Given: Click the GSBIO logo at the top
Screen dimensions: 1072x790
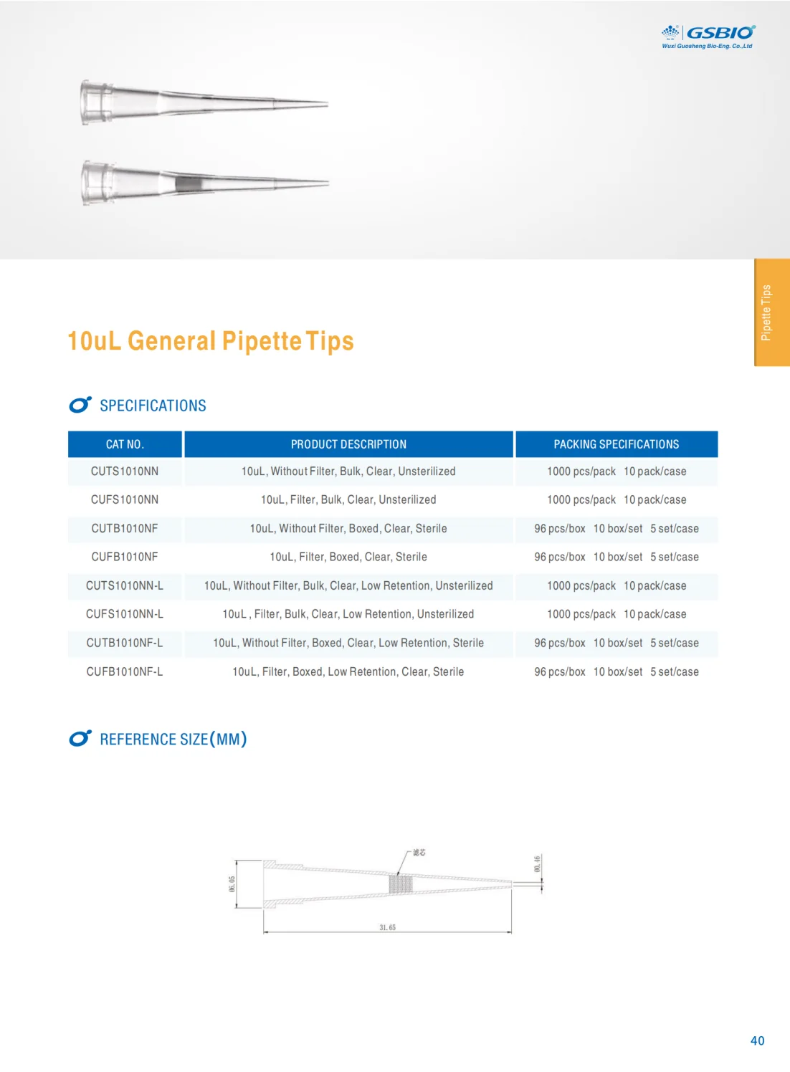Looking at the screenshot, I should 708,36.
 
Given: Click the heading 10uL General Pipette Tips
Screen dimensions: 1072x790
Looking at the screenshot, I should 210,341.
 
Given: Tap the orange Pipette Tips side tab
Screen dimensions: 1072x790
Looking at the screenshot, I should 771,312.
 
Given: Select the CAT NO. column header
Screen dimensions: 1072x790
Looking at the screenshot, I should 125,444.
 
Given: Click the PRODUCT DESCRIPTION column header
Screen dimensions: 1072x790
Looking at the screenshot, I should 348,444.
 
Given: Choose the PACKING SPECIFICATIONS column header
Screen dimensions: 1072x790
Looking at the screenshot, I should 616,444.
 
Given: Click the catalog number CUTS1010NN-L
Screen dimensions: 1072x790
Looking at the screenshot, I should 125,585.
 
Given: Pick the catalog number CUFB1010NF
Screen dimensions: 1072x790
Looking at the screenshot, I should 125,557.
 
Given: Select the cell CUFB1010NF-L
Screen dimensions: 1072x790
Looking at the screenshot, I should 125,671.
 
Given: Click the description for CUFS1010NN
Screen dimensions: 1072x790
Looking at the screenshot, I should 348,499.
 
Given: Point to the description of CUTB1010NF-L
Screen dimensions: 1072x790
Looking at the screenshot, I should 348,643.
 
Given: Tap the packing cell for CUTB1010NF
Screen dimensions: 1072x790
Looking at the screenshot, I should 616,528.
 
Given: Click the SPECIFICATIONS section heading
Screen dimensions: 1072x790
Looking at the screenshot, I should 153,406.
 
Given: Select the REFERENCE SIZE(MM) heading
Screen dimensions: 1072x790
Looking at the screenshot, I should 173,739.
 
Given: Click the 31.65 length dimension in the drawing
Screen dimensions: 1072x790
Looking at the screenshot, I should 387,927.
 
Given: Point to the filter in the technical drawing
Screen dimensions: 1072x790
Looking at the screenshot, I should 401,884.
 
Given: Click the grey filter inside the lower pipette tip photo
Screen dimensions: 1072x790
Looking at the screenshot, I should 189,184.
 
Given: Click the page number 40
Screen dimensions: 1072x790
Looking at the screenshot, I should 757,1040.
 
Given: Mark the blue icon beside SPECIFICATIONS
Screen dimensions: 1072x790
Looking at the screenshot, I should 80,405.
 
